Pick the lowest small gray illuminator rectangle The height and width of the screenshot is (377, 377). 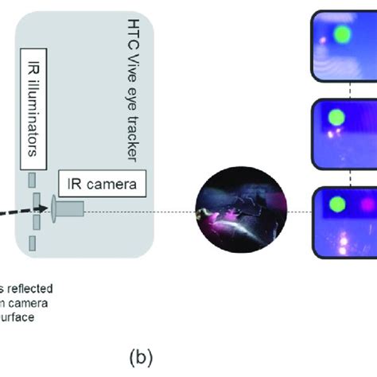33,243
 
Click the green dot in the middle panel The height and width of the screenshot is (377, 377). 336,118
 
